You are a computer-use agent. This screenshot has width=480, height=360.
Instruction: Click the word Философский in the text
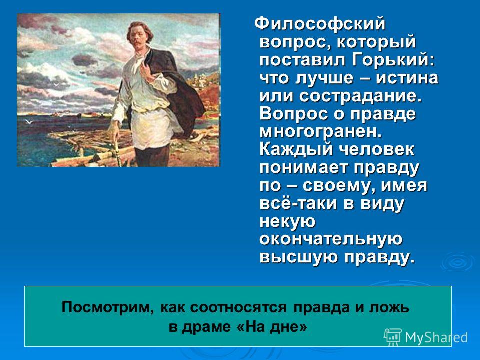[x=321, y=23]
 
